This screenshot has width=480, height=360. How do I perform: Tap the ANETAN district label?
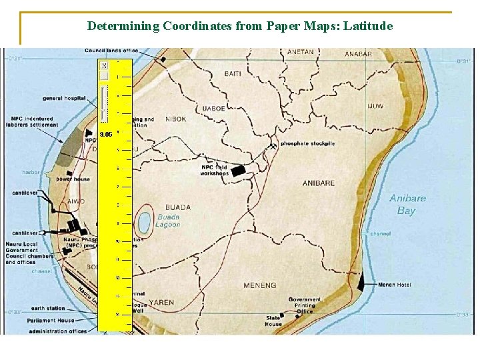point(300,52)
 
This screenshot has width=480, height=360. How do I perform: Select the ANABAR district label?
point(358,54)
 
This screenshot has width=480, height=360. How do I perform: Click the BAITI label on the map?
point(233,73)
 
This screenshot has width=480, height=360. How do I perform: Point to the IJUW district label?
point(375,106)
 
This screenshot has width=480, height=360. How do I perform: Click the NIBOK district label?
point(175,119)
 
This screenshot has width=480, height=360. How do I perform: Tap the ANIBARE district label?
point(319,183)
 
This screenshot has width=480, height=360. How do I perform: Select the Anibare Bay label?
point(407,204)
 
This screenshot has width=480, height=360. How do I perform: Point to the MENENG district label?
point(260,285)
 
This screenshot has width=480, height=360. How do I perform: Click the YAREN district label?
point(161,302)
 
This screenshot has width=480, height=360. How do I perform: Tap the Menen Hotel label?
point(395,285)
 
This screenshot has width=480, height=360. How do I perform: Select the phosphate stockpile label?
point(307,143)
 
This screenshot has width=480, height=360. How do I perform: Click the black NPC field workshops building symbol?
point(239,170)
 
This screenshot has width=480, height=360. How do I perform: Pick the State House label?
point(273,321)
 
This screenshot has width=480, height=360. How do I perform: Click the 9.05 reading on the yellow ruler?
point(105,134)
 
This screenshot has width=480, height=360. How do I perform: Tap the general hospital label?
point(64,98)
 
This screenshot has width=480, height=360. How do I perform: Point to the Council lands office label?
point(111,51)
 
